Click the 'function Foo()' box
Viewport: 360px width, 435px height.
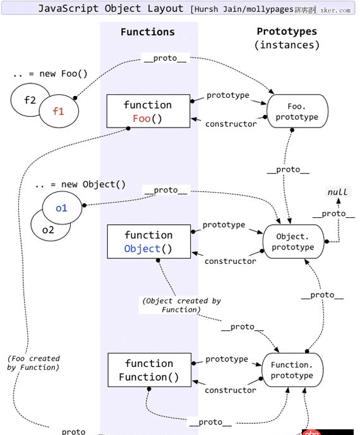(147, 112)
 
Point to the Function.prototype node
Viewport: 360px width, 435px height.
(292, 371)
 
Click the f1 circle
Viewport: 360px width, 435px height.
(59, 111)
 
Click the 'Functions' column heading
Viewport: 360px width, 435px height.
(148, 32)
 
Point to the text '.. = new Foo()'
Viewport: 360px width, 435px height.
(50, 74)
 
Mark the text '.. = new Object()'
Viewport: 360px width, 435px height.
(80, 184)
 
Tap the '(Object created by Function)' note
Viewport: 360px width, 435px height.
(181, 306)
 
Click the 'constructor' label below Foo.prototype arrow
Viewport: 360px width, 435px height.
(231, 124)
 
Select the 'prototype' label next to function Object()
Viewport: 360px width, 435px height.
(224, 225)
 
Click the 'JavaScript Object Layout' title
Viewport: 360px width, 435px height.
(111, 9)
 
